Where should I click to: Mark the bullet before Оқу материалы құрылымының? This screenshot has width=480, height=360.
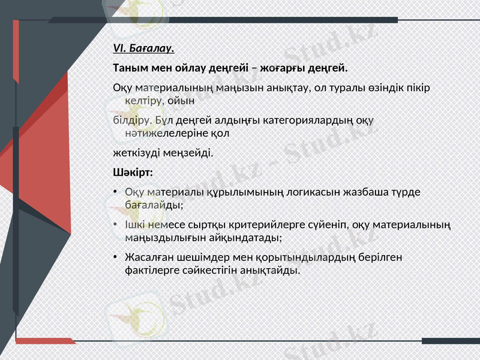pos(115,193)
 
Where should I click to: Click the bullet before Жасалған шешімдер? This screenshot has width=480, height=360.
pos(115,257)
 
